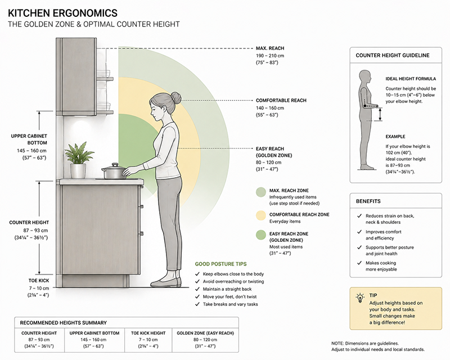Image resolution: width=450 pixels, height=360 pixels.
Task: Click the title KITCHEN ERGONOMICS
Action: (x=62, y=13)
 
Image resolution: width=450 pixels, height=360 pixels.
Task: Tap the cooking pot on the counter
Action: (x=114, y=171)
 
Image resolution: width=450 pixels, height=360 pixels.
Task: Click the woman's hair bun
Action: (x=176, y=98)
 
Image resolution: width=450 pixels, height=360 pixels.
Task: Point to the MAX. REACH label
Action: (x=270, y=48)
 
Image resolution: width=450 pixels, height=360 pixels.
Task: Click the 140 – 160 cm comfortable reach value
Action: (x=270, y=108)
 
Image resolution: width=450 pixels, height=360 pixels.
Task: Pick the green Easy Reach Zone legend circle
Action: (x=261, y=235)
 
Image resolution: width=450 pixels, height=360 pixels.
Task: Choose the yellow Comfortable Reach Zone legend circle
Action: (x=261, y=215)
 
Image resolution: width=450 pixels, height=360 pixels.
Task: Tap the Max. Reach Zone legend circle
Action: (x=261, y=192)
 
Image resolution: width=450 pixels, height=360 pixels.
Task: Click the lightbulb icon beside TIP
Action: (x=360, y=298)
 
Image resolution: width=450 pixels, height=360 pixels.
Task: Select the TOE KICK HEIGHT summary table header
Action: (x=148, y=333)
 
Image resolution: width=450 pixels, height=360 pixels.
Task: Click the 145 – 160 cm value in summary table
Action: (x=93, y=340)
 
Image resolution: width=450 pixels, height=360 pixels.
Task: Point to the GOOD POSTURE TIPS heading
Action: (x=220, y=264)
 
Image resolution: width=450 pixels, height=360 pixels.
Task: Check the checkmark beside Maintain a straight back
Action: (x=197, y=289)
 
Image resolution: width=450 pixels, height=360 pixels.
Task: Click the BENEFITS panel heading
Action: (x=368, y=201)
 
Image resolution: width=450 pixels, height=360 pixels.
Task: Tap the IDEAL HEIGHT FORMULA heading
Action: (x=411, y=79)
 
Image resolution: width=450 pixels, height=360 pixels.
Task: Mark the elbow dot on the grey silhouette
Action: (x=364, y=106)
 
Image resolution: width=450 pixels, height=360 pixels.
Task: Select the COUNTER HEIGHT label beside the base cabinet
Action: (x=29, y=223)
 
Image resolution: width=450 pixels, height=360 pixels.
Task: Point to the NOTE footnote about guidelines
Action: (x=377, y=346)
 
